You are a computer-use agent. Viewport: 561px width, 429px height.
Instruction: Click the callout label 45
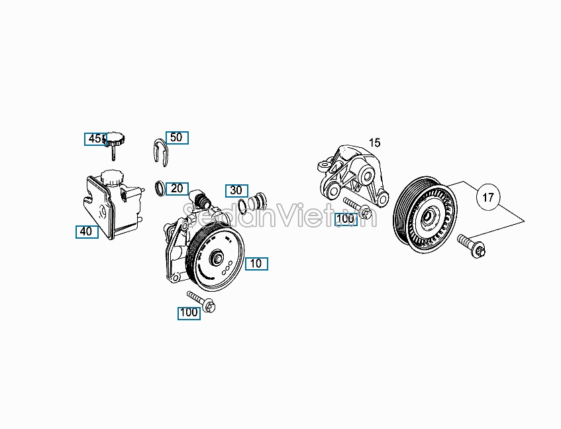[95, 139]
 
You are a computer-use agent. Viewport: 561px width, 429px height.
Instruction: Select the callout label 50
[177, 137]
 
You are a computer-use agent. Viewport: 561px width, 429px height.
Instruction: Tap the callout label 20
[177, 188]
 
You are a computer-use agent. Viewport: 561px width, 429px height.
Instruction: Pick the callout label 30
[236, 190]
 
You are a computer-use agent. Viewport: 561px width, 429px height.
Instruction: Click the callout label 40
[86, 231]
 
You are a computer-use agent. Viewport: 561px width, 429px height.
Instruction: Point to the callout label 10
[256, 263]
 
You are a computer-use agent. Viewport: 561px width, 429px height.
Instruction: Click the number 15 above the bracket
[375, 143]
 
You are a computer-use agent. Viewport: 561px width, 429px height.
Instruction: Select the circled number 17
[488, 197]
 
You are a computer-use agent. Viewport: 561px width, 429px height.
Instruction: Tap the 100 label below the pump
[189, 312]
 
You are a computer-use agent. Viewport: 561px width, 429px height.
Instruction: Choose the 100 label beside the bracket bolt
[346, 218]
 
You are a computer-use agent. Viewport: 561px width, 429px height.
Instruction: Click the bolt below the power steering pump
[203, 302]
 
